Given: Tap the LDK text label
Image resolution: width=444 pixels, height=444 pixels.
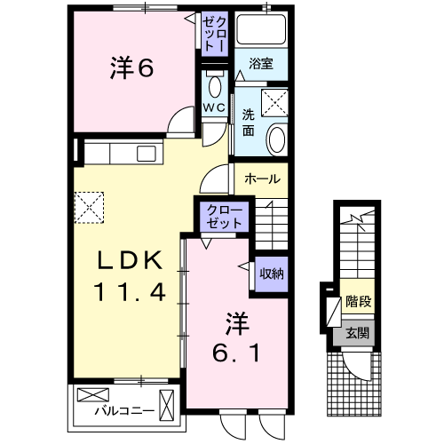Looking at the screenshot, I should coord(128,261).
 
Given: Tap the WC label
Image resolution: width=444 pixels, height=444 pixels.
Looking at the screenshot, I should coord(215,107).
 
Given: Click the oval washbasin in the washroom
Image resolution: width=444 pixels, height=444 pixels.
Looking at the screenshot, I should coord(277,139).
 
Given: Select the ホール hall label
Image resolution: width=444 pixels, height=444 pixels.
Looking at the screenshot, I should coord(262,178).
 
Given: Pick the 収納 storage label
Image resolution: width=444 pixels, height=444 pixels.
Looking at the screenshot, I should coord(271,274).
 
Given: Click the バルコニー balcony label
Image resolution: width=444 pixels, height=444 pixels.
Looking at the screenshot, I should coord(123,410).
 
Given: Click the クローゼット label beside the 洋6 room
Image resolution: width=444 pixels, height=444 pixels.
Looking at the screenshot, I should coord(214,33).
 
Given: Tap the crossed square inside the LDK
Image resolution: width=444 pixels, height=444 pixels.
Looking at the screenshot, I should coord(89,210).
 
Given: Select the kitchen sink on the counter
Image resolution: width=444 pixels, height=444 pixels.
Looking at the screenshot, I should coord(145,155).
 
